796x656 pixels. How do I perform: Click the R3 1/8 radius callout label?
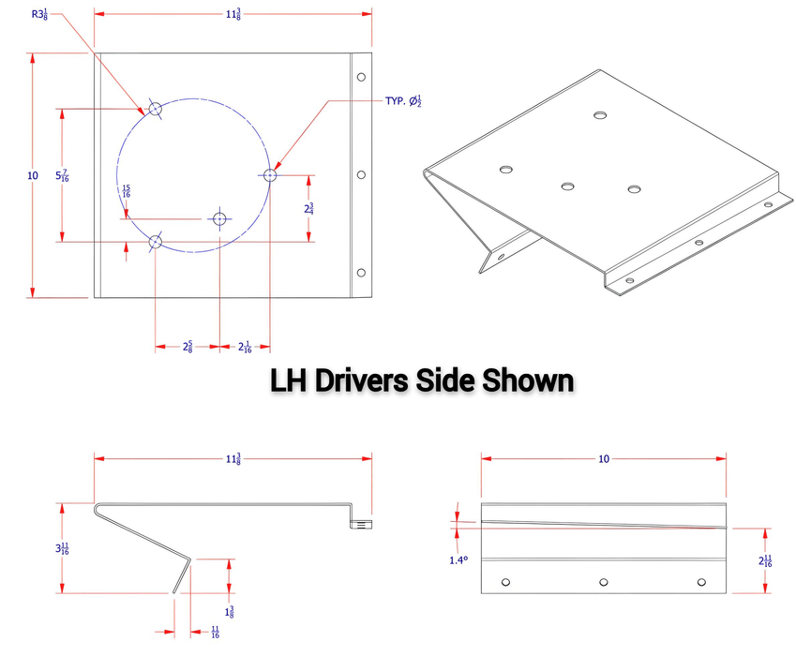39,14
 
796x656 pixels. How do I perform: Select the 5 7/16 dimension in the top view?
62,175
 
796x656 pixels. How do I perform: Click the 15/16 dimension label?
127,190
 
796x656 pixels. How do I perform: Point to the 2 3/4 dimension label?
308,209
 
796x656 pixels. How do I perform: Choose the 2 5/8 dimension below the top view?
188,348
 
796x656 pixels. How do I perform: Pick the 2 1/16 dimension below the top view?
245,348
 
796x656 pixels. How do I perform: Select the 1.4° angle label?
459,560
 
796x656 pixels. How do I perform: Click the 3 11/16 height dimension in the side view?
62,548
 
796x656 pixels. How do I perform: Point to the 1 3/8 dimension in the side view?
229,585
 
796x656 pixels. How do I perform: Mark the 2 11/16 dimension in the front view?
767,560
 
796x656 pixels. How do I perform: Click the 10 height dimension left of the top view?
33,175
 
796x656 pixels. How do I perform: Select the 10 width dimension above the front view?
604,458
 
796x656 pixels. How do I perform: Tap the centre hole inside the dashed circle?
220,219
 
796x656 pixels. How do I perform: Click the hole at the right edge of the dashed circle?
270,174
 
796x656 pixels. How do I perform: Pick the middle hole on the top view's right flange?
361,174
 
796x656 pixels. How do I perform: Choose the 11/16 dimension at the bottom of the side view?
215,633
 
